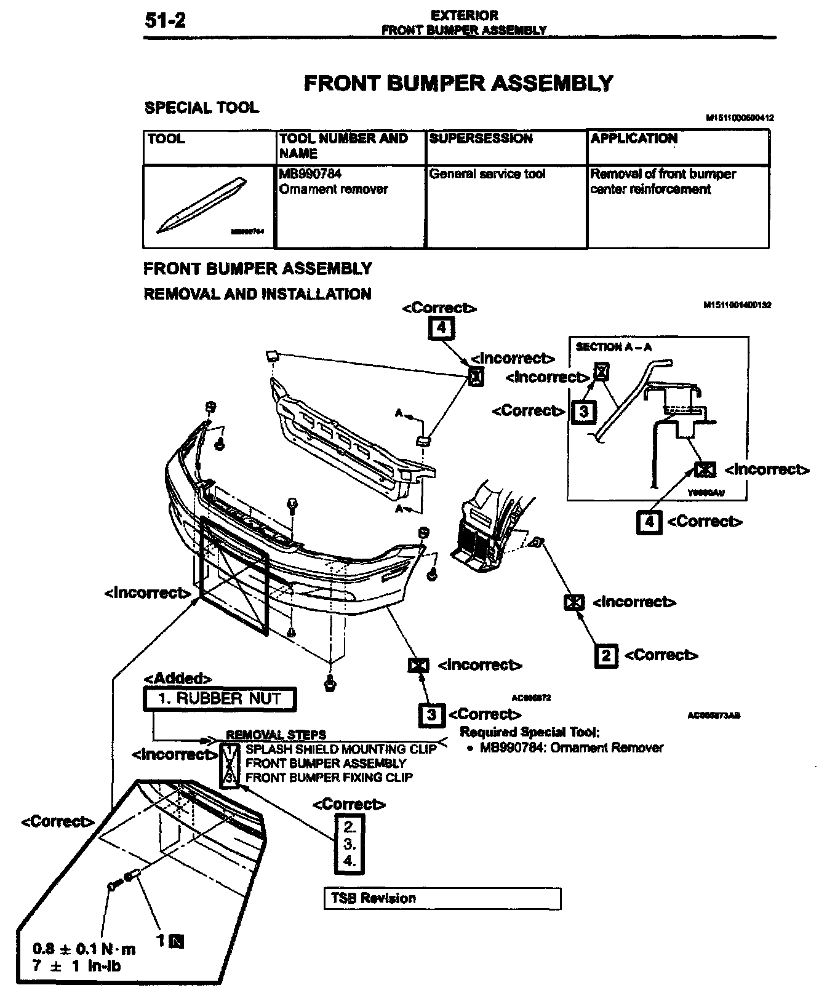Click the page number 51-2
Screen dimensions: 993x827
point(165,21)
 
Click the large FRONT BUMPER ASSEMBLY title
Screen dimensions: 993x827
point(458,83)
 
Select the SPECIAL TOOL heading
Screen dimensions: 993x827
point(201,108)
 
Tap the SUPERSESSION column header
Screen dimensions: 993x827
point(481,138)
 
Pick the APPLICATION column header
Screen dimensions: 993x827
point(634,138)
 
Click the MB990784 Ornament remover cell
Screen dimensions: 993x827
point(334,181)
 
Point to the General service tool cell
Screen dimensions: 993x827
point(487,174)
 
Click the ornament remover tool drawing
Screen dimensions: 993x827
point(202,205)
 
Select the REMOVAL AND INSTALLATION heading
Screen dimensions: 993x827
point(257,294)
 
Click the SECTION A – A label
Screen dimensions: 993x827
point(613,347)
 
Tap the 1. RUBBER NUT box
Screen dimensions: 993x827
point(220,699)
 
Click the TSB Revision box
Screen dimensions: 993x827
point(442,898)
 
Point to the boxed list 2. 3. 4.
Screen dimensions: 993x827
point(350,844)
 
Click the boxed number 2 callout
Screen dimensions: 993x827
point(606,656)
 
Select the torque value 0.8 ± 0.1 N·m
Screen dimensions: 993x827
point(84,949)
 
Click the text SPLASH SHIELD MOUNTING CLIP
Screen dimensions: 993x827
point(340,749)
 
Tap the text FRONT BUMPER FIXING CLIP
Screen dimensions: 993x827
point(329,778)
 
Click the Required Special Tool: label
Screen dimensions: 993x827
point(529,732)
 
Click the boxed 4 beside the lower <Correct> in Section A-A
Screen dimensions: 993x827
point(649,522)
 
